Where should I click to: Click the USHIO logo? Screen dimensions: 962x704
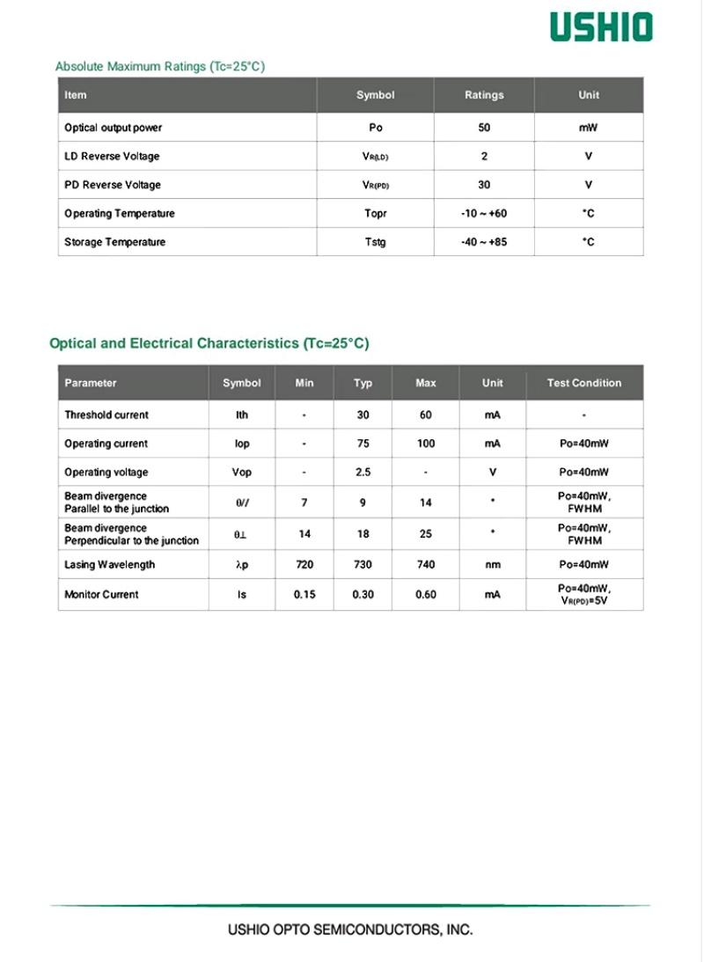(x=602, y=27)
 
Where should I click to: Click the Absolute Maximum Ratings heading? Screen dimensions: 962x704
(x=159, y=67)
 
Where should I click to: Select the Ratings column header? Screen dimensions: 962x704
(x=484, y=95)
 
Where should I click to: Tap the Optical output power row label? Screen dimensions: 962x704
(x=114, y=128)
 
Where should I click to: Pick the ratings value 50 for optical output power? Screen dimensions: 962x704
(x=484, y=128)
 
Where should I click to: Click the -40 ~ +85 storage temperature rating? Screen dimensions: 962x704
(x=484, y=242)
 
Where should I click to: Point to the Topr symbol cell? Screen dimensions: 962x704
(x=376, y=214)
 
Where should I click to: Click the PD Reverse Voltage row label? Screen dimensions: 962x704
(x=113, y=185)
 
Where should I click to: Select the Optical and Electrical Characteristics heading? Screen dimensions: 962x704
(x=209, y=343)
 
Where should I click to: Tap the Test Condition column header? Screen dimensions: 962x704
(x=583, y=383)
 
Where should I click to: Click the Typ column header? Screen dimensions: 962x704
(x=363, y=383)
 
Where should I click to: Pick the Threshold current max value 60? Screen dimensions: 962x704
(x=426, y=415)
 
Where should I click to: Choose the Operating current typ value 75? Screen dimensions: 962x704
(x=363, y=444)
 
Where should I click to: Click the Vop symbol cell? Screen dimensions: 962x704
(x=242, y=473)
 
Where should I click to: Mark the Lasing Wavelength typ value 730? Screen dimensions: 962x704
(x=363, y=565)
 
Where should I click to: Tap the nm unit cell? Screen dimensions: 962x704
(x=493, y=565)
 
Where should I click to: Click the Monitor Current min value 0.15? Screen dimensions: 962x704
(x=304, y=595)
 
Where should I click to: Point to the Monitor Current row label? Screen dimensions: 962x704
(x=101, y=595)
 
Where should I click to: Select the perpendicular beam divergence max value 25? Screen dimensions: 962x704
(x=426, y=533)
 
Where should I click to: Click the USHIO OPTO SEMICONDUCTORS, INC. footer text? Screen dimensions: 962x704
(x=350, y=929)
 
